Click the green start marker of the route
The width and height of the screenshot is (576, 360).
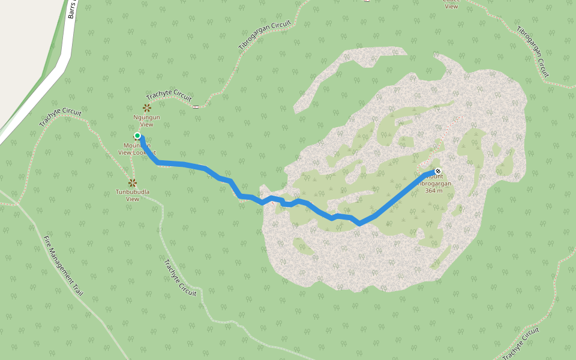137,136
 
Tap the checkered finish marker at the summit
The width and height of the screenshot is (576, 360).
438,171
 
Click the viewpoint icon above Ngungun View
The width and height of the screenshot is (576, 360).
146,108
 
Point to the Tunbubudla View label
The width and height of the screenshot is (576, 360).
133,195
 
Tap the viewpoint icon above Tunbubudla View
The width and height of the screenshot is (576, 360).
133,182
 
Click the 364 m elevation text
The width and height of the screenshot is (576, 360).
433,191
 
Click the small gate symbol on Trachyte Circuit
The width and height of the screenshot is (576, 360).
196,107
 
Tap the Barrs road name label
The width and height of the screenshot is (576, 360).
73,8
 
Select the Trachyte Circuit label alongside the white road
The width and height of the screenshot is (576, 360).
59,118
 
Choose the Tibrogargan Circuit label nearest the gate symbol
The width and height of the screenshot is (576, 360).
265,38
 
